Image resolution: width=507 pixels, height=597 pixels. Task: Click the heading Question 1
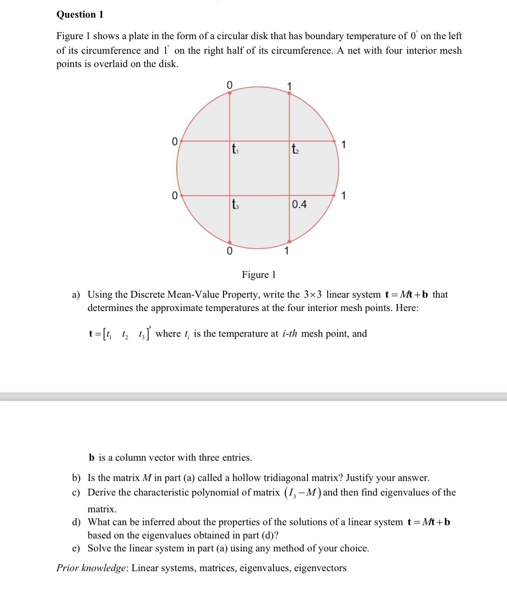pyautogui.click(x=80, y=15)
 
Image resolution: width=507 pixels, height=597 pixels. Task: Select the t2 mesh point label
pyautogui.click(x=295, y=149)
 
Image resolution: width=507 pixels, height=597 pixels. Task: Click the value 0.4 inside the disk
pyautogui.click(x=299, y=204)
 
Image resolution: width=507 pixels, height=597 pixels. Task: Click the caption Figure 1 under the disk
pyautogui.click(x=259, y=274)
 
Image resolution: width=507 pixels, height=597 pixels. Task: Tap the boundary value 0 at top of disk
pyautogui.click(x=230, y=85)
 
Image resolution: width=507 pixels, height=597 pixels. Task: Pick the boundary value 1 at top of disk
pyautogui.click(x=289, y=86)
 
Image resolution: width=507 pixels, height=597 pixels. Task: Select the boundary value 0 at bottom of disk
pyautogui.click(x=230, y=251)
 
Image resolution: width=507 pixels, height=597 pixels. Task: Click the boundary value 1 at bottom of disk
pyautogui.click(x=287, y=250)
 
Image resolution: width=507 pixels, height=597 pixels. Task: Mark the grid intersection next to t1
pyautogui.click(x=230, y=141)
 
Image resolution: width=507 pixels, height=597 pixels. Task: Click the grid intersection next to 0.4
pyautogui.click(x=289, y=195)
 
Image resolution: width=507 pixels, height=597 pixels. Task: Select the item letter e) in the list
pyautogui.click(x=76, y=548)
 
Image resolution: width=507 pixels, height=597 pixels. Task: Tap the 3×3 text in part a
pyautogui.click(x=313, y=295)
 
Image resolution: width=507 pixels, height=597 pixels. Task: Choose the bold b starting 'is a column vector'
pyautogui.click(x=92, y=458)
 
